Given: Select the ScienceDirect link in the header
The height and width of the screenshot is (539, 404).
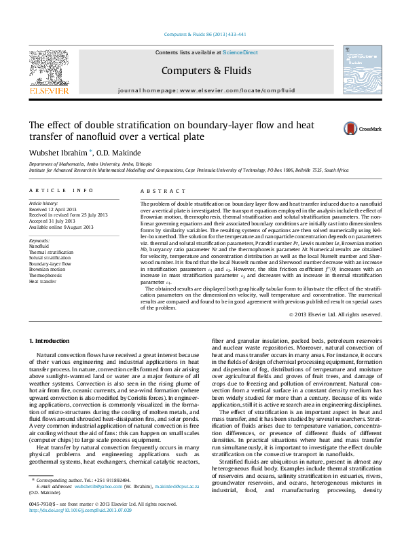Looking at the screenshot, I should [240, 52].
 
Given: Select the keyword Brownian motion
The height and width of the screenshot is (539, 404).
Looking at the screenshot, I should [48, 270].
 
